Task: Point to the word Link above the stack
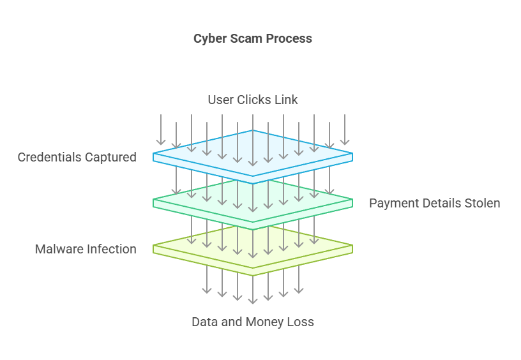pyautogui.click(x=286, y=100)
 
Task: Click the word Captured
pyautogui.click(x=111, y=157)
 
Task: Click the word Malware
pyautogui.click(x=59, y=249)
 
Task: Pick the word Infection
pyautogui.click(x=112, y=249)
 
